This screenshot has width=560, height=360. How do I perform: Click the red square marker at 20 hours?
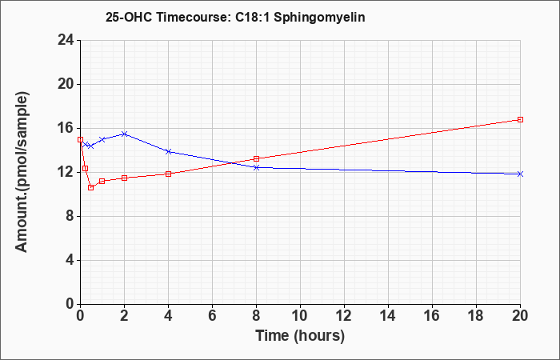pos(520,120)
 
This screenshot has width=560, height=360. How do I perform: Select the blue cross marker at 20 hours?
pos(520,174)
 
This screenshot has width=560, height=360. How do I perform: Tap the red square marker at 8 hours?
pos(257,158)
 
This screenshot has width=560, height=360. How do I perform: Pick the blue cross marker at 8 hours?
pos(257,167)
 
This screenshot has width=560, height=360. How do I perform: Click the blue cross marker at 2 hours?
pos(124,134)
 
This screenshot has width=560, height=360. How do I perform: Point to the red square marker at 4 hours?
pos(169,174)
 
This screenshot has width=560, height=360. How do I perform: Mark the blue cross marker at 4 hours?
pos(169,151)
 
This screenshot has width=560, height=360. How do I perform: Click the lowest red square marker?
pos(90,187)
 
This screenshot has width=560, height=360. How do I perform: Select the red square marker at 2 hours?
pos(124,178)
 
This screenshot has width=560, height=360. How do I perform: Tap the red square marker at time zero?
pos(80,140)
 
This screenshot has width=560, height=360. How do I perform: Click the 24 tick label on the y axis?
pos(66,40)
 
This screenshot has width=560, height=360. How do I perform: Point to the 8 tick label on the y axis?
pos(70,217)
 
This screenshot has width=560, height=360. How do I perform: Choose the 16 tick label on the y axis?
pos(66,129)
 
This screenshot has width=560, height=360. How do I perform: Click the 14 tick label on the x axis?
pos(388,316)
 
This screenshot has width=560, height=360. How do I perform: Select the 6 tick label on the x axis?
pos(212,316)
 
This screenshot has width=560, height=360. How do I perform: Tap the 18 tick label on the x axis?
pos(476,316)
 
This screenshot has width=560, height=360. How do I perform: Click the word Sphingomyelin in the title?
pos(319,18)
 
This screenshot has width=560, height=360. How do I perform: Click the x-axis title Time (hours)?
pos(300,336)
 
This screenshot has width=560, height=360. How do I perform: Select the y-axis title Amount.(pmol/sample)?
pos(22,172)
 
